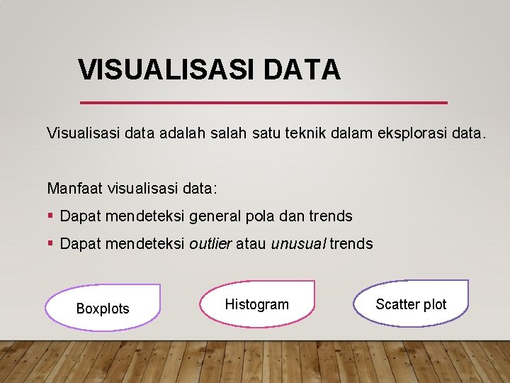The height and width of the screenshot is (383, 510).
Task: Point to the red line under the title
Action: click(x=263, y=103)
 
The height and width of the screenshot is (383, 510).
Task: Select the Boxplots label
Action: click(x=103, y=309)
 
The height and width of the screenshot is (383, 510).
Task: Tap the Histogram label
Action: click(x=256, y=304)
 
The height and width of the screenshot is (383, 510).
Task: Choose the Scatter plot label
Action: click(x=411, y=304)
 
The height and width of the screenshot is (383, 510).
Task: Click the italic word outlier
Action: click(x=210, y=244)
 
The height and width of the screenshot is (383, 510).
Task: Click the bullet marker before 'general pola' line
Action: click(x=50, y=216)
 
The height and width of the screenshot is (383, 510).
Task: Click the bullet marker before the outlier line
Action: click(x=50, y=244)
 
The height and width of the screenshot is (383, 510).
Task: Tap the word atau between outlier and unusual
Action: click(x=251, y=244)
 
